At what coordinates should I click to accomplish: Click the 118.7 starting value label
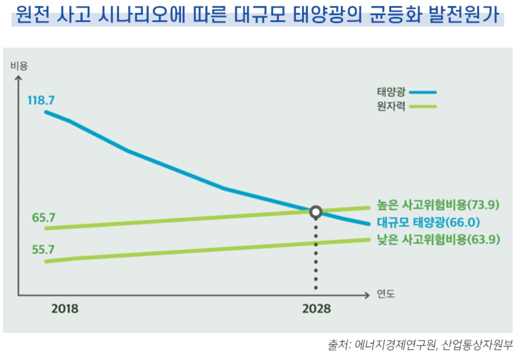(41, 100)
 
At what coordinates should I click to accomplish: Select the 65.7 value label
(44, 217)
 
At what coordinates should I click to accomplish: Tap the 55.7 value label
(44, 250)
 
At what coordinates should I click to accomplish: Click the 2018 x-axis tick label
(65, 309)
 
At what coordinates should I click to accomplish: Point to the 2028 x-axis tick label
(316, 309)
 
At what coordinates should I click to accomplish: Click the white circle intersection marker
(316, 212)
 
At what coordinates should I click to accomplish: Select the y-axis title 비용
(19, 66)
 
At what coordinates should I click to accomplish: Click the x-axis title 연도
(386, 295)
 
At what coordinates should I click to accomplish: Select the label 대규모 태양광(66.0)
(428, 222)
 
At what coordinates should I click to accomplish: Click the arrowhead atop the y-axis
(18, 76)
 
